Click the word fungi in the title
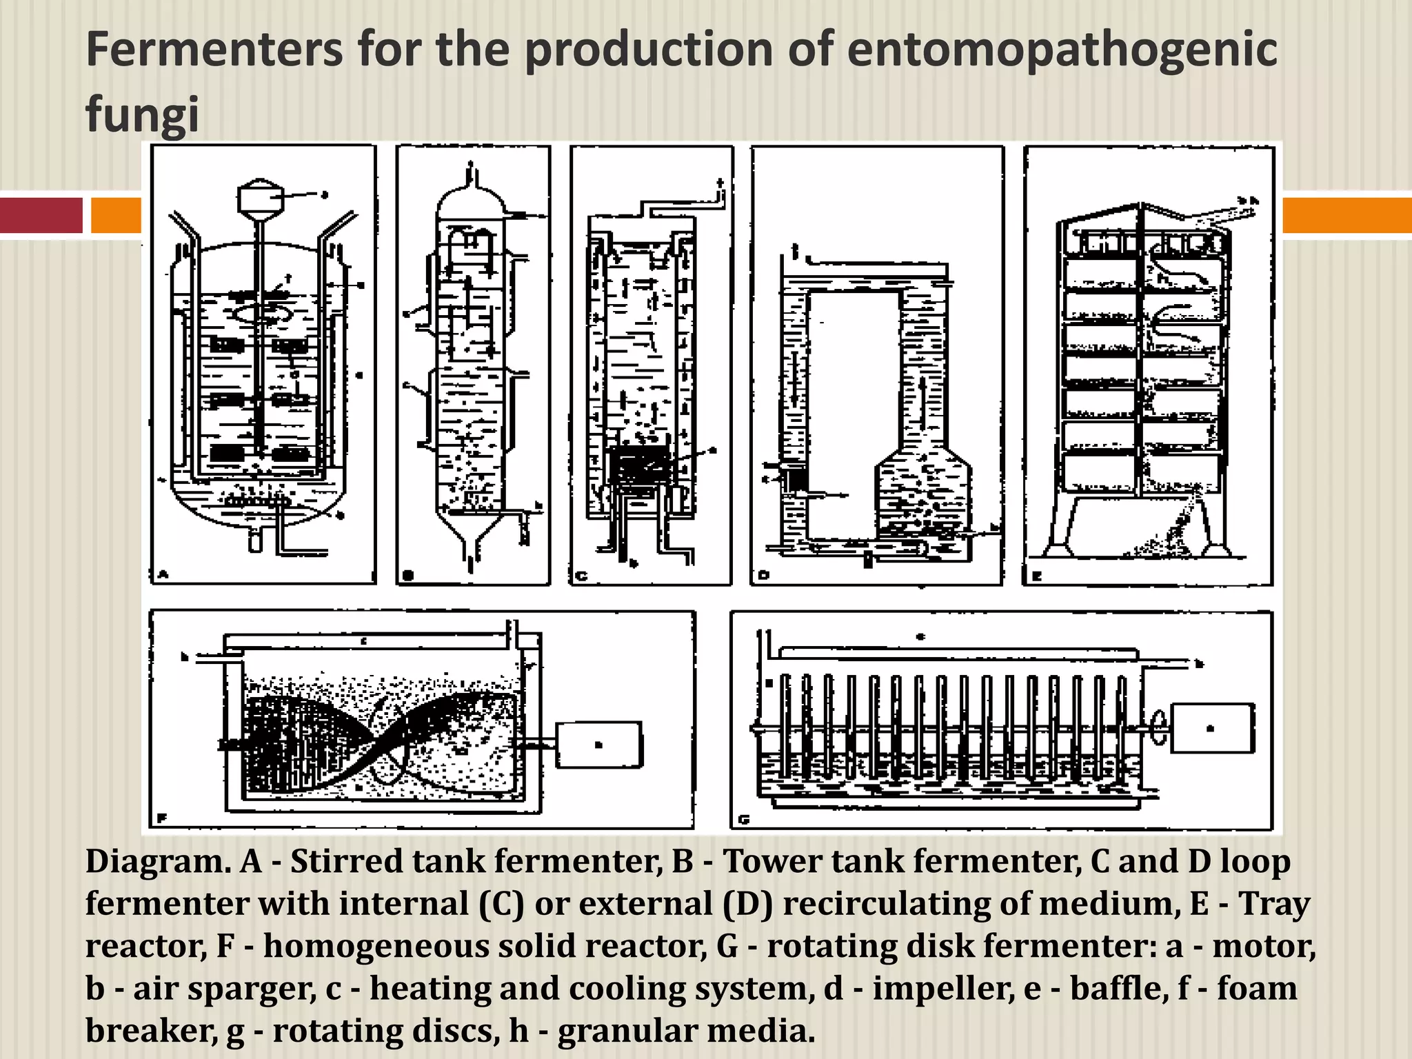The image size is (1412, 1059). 142,114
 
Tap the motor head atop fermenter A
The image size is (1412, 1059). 260,199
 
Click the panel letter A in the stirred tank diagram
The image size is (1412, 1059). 163,574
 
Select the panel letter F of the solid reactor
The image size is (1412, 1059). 163,818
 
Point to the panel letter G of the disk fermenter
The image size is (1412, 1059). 744,819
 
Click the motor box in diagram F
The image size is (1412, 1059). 598,745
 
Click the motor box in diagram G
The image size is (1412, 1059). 1212,727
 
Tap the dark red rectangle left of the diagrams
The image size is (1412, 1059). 41,214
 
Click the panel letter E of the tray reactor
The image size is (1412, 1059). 1036,575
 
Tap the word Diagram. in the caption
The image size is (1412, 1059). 158,861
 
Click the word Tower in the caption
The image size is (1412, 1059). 765,861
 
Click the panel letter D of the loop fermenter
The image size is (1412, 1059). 763,574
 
